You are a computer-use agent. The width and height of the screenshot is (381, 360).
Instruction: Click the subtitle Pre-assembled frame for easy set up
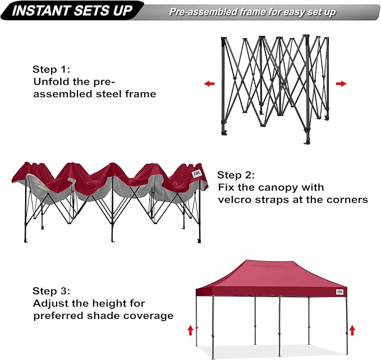click(253, 12)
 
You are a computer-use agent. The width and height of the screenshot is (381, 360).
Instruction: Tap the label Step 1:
click(51, 69)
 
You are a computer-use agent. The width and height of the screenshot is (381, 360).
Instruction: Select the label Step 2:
click(236, 175)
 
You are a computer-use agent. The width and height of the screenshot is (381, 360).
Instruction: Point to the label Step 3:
click(51, 291)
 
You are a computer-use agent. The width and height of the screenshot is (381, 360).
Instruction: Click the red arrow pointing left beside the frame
click(209, 84)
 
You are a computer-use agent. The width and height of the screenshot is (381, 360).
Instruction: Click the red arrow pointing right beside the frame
click(341, 84)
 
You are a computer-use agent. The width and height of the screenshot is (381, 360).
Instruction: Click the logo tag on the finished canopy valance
click(340, 292)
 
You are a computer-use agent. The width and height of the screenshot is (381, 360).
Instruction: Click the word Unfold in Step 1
click(49, 81)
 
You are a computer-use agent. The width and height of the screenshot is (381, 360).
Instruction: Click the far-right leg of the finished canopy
click(346, 326)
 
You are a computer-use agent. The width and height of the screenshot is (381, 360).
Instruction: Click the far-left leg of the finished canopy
click(197, 326)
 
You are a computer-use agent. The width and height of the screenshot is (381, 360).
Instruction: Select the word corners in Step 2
click(345, 199)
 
